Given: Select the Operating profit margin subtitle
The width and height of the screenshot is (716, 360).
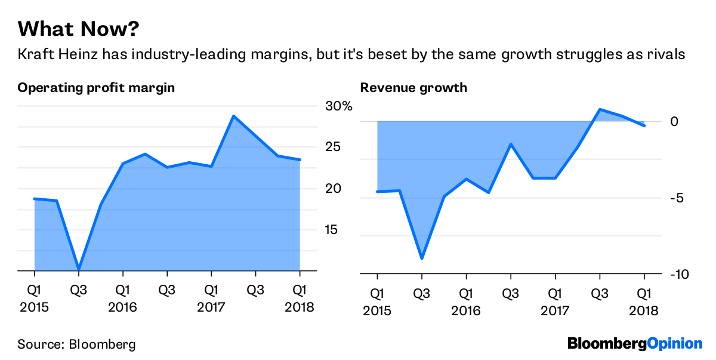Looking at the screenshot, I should tap(96, 88).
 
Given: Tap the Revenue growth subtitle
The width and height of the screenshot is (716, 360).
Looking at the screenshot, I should tap(413, 88).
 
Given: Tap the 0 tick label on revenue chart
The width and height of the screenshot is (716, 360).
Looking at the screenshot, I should tap(674, 122).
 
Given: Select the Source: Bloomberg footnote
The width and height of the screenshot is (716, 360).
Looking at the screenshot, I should tap(76, 344).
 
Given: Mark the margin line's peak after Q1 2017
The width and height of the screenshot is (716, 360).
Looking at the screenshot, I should tap(234, 116).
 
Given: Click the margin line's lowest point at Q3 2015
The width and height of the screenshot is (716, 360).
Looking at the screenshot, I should tap(79, 270).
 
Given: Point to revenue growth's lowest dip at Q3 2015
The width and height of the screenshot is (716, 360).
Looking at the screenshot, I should tap(422, 259).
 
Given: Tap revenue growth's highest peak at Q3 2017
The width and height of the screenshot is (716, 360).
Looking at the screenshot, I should tap(600, 109).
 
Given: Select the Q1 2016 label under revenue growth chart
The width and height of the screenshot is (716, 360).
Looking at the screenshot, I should tap(466, 301).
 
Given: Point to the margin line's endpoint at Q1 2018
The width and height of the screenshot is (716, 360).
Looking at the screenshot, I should tap(300, 159).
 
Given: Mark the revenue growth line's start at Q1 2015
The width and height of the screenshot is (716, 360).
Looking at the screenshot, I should tap(378, 192).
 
